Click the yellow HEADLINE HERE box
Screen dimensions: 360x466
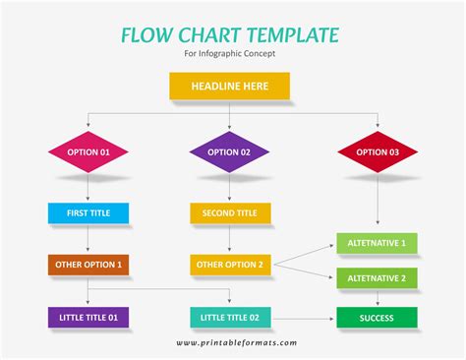[x=229, y=87]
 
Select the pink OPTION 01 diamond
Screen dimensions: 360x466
[x=87, y=152]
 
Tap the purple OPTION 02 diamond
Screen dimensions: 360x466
[x=229, y=152]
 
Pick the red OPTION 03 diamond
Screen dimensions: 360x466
[x=378, y=152]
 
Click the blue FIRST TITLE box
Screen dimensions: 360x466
[x=87, y=212]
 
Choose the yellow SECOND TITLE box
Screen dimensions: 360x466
[x=229, y=212]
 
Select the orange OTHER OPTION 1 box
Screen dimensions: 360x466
[x=87, y=264]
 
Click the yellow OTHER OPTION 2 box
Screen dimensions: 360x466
[x=229, y=264]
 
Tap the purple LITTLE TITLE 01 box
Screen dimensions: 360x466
[x=87, y=317]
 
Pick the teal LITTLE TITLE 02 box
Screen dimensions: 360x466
[x=229, y=317]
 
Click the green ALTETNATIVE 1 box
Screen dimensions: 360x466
[x=378, y=242]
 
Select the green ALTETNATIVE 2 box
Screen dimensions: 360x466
[x=378, y=278]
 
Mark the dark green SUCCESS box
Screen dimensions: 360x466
[x=378, y=317]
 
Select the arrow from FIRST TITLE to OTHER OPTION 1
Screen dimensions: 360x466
[x=87, y=238]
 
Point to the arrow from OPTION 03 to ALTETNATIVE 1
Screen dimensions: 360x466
[x=378, y=202]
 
